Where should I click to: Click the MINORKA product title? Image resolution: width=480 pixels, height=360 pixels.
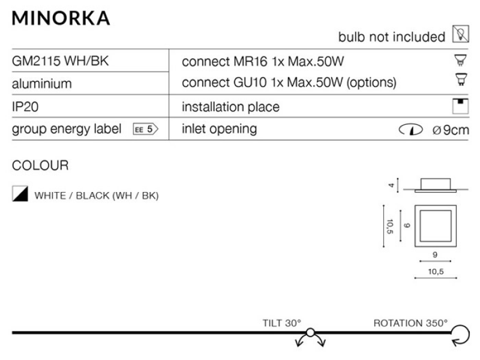(61, 19)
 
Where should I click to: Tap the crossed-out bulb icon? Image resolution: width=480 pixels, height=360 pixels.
(461, 34)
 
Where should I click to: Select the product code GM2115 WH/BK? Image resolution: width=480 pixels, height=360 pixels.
(61, 61)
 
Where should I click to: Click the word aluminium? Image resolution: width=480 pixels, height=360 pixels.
(41, 83)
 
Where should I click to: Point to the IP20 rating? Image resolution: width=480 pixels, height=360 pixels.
(25, 107)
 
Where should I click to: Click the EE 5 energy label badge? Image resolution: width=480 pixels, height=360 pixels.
(146, 129)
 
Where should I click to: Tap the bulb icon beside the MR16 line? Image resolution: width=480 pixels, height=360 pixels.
(460, 61)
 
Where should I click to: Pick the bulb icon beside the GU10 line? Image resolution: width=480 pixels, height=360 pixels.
(461, 80)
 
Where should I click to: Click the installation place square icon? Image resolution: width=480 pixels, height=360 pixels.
(460, 106)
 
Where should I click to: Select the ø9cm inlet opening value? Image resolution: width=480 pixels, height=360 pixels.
(451, 130)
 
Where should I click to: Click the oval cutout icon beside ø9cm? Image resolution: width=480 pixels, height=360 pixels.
(411, 130)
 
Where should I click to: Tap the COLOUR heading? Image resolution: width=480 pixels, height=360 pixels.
(40, 166)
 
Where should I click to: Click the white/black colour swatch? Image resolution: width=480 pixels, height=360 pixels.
(20, 193)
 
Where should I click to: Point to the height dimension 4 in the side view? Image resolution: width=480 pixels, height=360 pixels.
(391, 185)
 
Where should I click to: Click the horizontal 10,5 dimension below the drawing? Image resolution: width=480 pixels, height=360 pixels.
(436, 272)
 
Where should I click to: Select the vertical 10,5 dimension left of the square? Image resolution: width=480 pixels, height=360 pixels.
(389, 226)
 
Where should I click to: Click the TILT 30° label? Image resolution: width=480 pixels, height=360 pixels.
(282, 323)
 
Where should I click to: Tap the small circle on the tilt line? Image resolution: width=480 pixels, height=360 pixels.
(310, 332)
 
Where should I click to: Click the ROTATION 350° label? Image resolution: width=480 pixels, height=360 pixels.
(410, 323)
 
